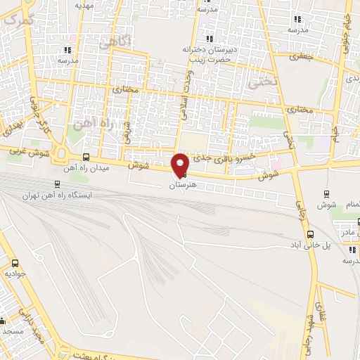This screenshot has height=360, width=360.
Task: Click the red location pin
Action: (181, 165)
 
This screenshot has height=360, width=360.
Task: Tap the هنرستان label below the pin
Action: (181, 185)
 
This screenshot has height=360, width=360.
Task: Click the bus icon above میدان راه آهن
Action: (86, 157)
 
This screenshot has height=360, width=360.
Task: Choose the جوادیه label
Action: (15, 272)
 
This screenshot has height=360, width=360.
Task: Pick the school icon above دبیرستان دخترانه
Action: (207, 39)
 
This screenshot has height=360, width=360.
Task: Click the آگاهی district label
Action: (115, 42)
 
